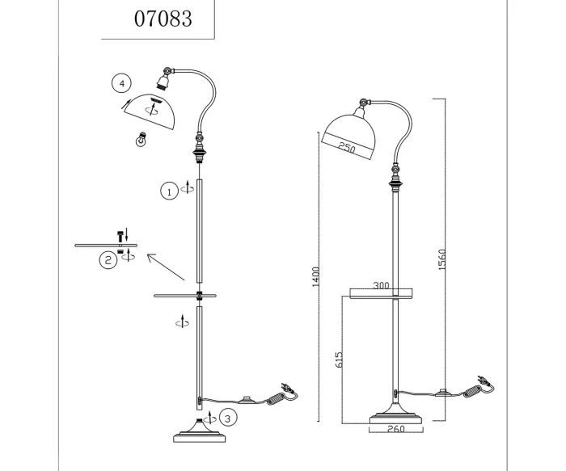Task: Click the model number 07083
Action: click(163, 18)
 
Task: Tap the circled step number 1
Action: click(168, 191)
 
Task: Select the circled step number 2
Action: click(108, 260)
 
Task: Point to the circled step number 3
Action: click(229, 418)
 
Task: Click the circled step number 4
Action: click(120, 83)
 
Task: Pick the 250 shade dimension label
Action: click(348, 147)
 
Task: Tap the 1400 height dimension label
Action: click(315, 276)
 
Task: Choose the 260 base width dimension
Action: click(396, 429)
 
